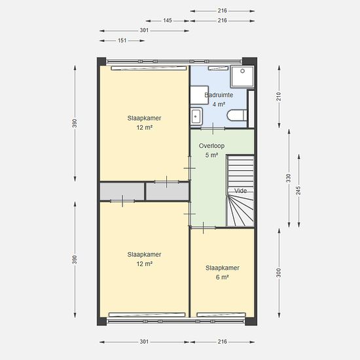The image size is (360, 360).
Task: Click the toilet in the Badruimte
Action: [x=237, y=115]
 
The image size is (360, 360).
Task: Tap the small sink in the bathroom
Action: [x=196, y=117]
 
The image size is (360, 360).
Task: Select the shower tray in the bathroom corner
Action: [x=242, y=77]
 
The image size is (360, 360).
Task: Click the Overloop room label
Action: [x=211, y=146]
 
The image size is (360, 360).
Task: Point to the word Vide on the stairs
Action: [x=240, y=190]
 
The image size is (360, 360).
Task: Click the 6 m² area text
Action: [x=223, y=278]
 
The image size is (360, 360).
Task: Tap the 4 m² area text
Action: [x=219, y=105]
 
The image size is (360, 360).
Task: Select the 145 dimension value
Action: [x=168, y=20]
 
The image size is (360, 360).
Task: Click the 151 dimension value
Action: [x=122, y=41]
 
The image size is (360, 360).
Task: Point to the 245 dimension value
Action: [x=298, y=190]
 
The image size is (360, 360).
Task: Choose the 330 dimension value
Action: [x=289, y=178]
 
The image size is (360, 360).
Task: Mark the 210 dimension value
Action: [x=278, y=96]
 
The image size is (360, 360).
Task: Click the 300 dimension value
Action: [x=278, y=273]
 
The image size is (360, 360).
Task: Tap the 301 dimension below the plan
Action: [x=144, y=342]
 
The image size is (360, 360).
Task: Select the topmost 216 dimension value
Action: [x=223, y=10]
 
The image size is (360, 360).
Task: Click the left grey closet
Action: [x=122, y=192]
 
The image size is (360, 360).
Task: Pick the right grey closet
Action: [x=168, y=192]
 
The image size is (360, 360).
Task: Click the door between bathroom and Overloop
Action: [x=213, y=128]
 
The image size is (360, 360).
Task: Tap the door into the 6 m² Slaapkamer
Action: [x=203, y=228]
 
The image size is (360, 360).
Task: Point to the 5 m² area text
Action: [x=211, y=155]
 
